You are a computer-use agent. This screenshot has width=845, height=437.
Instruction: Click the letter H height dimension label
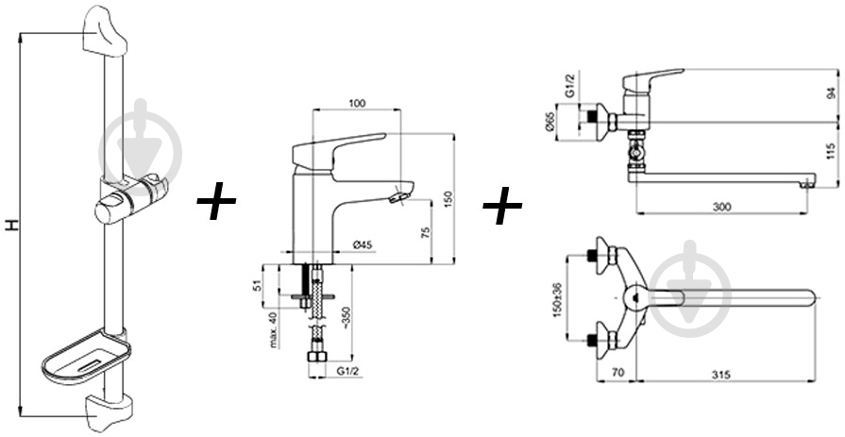(12, 225)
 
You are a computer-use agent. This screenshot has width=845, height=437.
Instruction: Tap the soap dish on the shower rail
(86, 359)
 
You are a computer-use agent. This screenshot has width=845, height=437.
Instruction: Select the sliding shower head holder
(131, 198)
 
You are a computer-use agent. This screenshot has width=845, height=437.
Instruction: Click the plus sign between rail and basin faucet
(216, 200)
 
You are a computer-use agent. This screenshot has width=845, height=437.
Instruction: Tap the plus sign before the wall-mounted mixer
(502, 206)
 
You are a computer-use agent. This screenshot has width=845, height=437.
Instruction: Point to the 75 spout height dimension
(425, 232)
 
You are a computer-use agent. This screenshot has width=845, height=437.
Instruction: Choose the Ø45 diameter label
(363, 245)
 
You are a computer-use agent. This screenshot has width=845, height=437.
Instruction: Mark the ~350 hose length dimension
(346, 319)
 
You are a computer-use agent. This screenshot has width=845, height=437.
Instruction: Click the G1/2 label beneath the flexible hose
(347, 371)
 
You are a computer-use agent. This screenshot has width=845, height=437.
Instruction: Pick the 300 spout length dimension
(721, 207)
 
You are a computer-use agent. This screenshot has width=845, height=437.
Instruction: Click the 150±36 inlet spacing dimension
(559, 299)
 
